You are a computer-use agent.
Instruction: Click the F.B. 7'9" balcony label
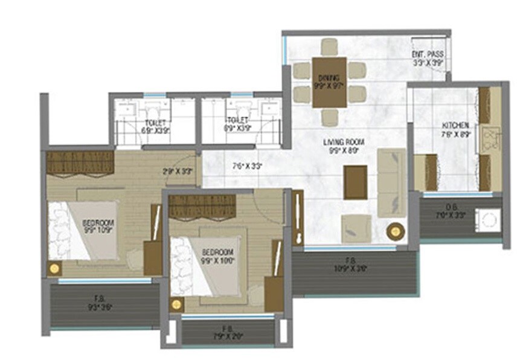(x=227, y=331)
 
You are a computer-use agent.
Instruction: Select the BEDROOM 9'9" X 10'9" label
(x=98, y=227)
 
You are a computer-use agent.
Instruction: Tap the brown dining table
(x=330, y=82)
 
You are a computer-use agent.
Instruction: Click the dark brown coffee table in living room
(x=355, y=182)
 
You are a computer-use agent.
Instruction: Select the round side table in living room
(x=396, y=230)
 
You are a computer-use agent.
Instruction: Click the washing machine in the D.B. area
(x=487, y=219)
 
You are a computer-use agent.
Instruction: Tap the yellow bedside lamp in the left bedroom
(x=55, y=268)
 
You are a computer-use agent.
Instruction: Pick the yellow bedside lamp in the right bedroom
(x=176, y=304)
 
